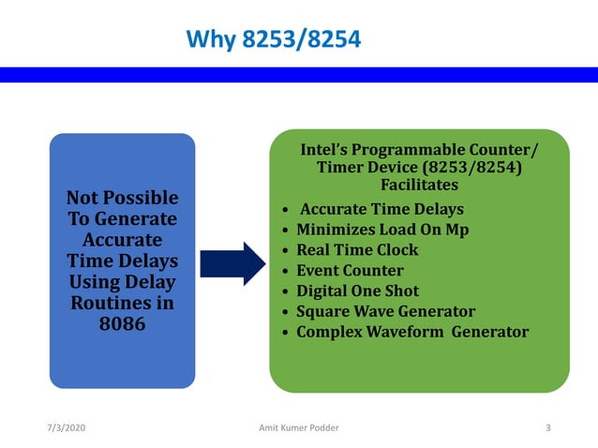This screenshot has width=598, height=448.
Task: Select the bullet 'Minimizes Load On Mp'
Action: click(382, 230)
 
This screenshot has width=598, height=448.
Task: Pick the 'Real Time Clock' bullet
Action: click(357, 250)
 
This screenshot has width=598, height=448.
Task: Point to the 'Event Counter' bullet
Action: click(350, 271)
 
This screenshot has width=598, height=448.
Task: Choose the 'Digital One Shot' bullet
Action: click(357, 291)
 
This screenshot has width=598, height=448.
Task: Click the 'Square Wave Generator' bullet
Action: click(385, 312)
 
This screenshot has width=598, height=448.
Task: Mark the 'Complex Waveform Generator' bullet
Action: click(412, 332)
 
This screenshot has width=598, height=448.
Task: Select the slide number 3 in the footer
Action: click(547, 427)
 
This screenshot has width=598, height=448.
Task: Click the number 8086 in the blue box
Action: click(122, 325)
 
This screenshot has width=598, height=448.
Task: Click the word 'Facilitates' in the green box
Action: click(419, 185)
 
